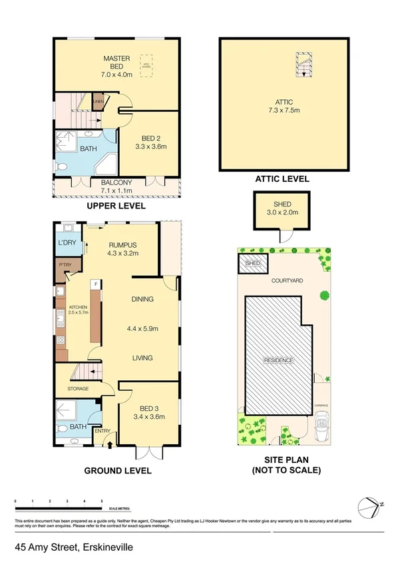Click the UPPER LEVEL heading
click(x=117, y=206)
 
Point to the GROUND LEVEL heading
click(x=117, y=471)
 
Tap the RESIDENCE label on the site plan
click(x=279, y=360)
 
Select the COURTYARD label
click(x=287, y=281)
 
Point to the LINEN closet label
click(x=98, y=102)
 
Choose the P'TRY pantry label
click(x=66, y=266)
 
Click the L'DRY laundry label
click(x=67, y=241)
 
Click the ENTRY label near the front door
click(x=102, y=431)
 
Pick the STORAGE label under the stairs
click(x=78, y=388)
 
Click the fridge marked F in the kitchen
click(x=97, y=284)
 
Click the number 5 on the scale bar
click(x=101, y=500)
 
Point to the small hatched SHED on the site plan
click(x=252, y=263)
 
